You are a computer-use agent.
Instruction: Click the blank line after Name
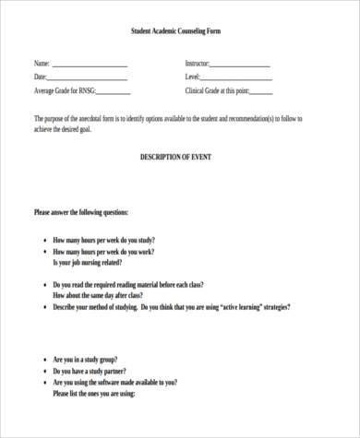(90, 66)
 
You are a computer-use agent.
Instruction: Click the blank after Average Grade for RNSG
(114, 93)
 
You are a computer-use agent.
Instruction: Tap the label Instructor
(197, 64)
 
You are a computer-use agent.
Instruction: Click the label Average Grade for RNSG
(64, 91)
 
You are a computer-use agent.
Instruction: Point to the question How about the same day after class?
(105, 297)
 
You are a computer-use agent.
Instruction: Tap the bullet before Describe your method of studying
(44, 308)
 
